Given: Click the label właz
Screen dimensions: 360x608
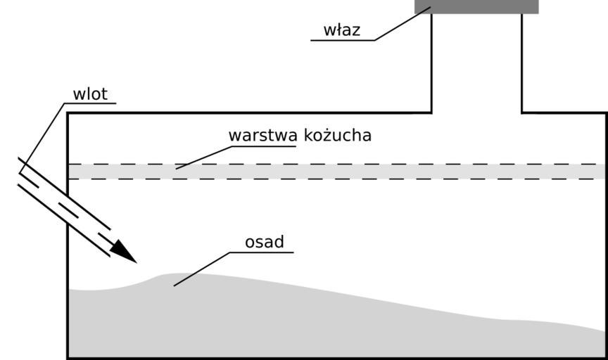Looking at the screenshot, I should (341, 30).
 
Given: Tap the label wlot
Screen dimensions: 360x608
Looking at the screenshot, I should (90, 94).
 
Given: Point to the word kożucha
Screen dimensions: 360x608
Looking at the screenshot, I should (338, 135).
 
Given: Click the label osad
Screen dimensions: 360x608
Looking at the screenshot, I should (265, 243).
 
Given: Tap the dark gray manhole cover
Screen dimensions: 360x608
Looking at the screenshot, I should (476, 6).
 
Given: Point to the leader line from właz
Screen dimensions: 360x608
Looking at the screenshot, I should (401, 25).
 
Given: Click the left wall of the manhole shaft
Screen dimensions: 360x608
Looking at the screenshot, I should (431, 63).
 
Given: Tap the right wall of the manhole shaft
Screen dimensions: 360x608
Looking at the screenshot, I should (522, 63).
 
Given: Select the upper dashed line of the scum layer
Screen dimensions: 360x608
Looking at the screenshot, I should (338, 164).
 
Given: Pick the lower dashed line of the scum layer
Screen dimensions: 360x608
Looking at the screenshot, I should (338, 179).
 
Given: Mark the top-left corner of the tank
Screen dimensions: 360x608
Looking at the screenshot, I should (68, 113).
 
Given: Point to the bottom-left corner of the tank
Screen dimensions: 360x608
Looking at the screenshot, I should (68, 358).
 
